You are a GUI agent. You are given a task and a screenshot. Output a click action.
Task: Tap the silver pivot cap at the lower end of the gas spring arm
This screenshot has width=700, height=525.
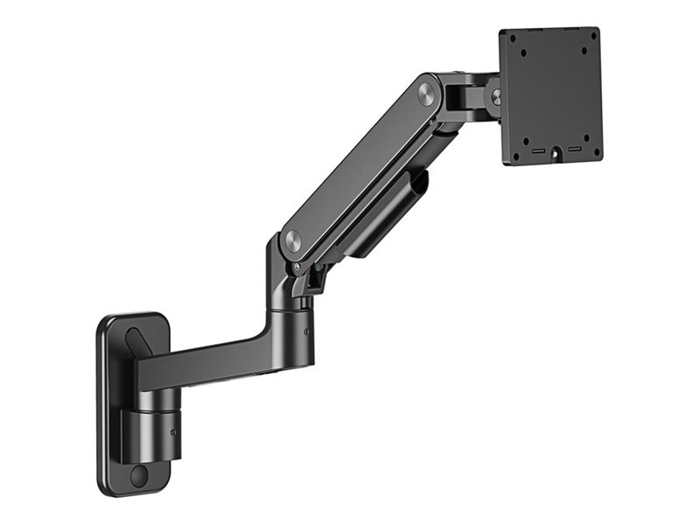(291, 242)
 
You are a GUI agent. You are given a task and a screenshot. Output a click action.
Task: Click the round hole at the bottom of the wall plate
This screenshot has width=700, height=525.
(138, 476)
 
